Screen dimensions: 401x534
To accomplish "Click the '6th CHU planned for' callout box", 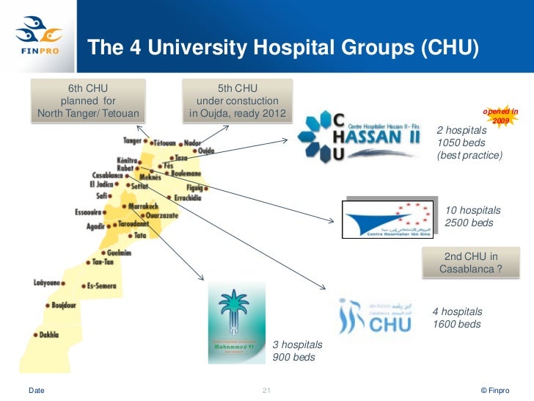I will pyautogui.click(x=88, y=101).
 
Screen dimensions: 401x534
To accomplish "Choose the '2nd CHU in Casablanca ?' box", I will pyautogui.click(x=471, y=263).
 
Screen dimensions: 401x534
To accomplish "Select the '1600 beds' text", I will pyautogui.click(x=457, y=324).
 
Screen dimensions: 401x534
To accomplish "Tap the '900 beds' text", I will pyautogui.click(x=294, y=358).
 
